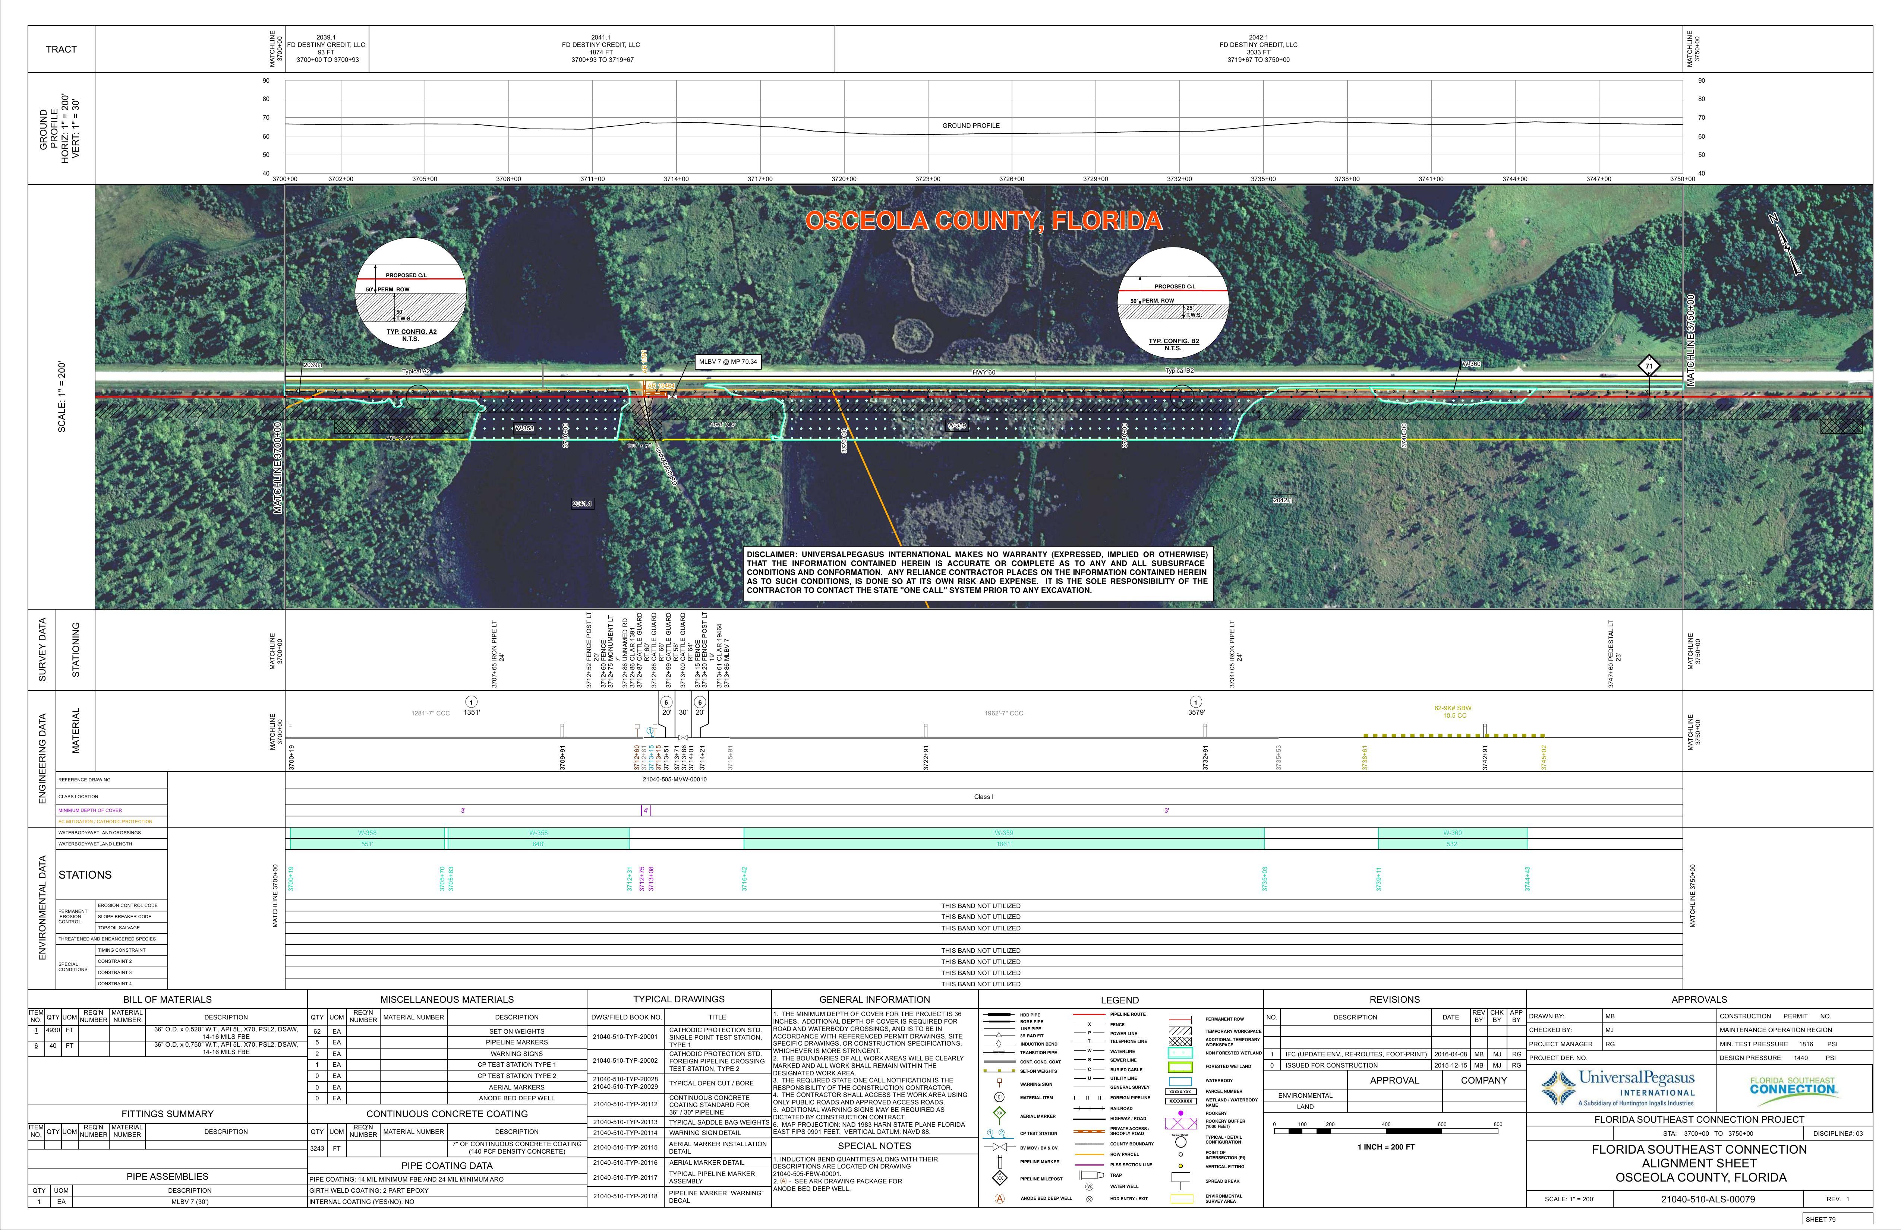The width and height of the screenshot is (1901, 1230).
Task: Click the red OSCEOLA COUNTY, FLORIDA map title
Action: (x=983, y=221)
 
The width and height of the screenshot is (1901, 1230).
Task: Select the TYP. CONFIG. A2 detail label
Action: (x=412, y=332)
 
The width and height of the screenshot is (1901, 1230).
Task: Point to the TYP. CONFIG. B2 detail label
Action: (x=1173, y=341)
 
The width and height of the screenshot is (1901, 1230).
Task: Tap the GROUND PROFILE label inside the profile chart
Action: (x=971, y=126)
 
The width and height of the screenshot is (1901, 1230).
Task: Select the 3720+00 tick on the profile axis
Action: (x=844, y=179)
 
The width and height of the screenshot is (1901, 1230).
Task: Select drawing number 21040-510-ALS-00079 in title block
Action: (x=1707, y=1199)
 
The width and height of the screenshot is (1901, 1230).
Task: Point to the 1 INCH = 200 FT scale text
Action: (x=1386, y=1147)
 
